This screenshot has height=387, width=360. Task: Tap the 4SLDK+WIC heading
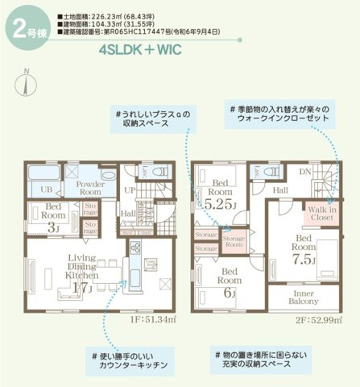141,49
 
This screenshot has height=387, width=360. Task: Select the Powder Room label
89,188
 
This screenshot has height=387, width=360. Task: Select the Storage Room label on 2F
234,241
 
